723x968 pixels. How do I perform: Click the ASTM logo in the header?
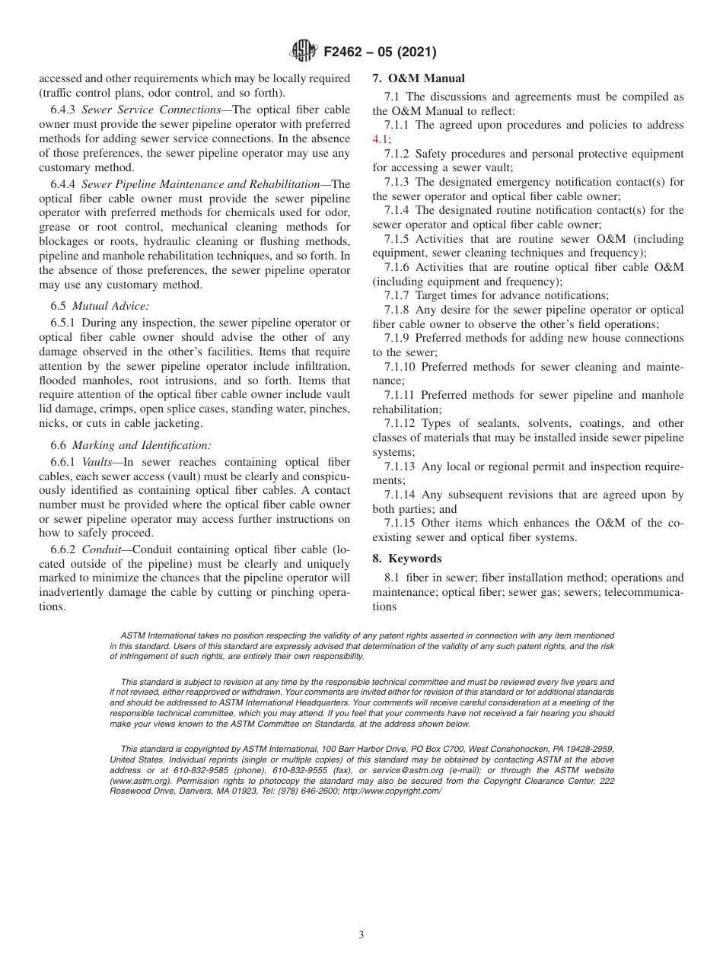[304, 52]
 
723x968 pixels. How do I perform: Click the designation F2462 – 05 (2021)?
[380, 53]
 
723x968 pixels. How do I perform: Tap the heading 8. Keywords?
[406, 559]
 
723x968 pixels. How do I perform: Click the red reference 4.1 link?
[381, 139]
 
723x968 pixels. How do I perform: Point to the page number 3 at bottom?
[361, 935]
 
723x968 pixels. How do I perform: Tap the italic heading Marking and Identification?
[142, 445]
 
